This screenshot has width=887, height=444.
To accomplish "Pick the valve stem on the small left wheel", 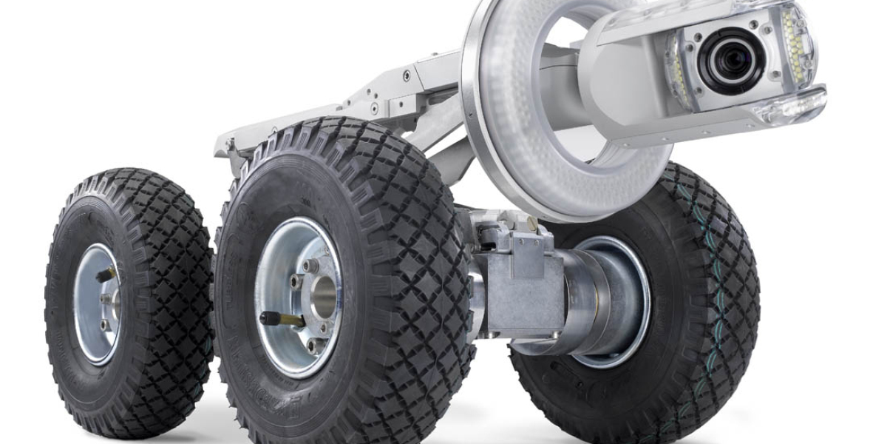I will tap(106, 275).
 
